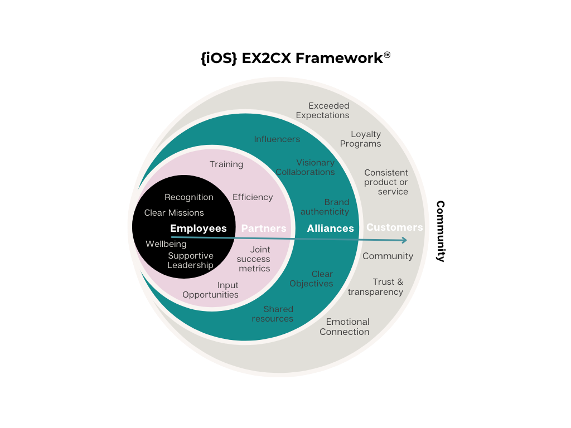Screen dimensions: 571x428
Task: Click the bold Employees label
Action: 199,228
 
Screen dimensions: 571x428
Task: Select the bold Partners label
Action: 264,228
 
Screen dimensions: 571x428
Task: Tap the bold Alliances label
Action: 330,228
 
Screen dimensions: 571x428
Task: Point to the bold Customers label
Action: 394,227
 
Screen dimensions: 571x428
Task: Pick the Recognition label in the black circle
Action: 189,197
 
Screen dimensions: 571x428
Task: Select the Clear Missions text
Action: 174,213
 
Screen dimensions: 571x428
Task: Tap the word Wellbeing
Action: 166,244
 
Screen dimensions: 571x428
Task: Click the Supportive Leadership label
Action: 191,261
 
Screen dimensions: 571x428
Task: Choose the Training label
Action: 226,164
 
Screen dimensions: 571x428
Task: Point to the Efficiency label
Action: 253,197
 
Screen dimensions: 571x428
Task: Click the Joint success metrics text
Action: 254,259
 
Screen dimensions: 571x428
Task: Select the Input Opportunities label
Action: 211,290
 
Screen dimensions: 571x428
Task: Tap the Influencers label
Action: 277,139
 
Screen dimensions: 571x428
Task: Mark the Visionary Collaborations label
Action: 306,168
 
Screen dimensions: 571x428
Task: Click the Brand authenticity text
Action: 325,207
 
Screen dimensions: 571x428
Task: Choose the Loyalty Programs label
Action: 361,139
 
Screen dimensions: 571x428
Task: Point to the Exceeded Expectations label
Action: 323,110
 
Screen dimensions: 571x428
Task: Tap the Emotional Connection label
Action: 345,327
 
